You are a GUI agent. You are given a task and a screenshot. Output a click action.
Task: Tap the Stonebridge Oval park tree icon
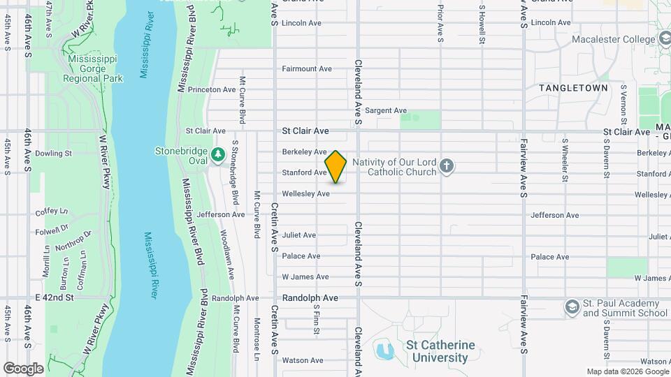pos(218,152)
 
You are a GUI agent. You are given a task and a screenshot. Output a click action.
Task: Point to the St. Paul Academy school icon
pos(572,306)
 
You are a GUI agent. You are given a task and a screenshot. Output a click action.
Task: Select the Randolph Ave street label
pos(310,298)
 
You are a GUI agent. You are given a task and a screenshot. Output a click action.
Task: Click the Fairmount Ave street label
pos(306,68)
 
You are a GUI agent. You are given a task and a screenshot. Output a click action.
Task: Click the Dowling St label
pos(53,153)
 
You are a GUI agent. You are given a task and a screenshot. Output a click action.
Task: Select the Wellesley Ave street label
pos(305,193)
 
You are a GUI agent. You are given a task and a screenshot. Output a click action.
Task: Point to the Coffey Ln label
pos(52,212)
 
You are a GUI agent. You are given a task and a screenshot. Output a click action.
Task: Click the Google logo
pos(23,368)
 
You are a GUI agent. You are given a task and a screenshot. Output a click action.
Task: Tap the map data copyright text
pos(627,371)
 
